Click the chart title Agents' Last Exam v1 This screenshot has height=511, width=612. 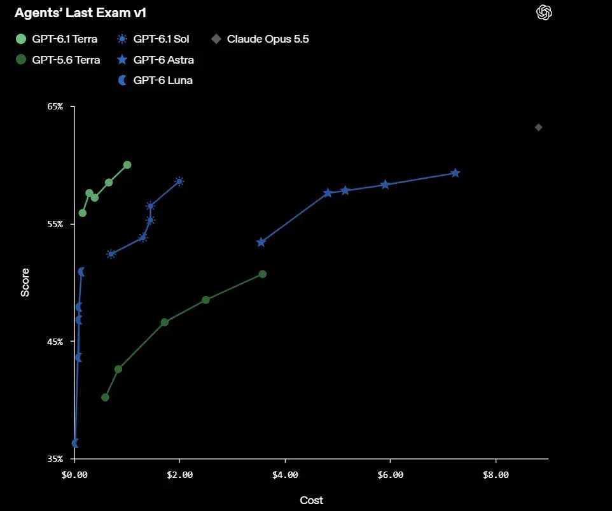tap(80, 13)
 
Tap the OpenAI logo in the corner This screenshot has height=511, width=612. tap(544, 13)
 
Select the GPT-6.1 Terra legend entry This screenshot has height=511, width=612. tap(57, 39)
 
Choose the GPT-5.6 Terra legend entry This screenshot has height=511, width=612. tap(58, 60)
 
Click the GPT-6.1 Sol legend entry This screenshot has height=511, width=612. tap(153, 39)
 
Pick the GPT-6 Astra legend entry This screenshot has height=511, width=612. tap(155, 60)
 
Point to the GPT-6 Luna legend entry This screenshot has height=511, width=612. tap(155, 80)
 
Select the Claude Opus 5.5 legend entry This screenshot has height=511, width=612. tap(260, 39)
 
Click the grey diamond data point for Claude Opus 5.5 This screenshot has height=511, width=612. tap(538, 127)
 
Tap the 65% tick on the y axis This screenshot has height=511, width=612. tap(55, 106)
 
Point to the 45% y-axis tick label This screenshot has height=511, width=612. tap(55, 342)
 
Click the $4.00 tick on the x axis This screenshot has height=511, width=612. tap(285, 475)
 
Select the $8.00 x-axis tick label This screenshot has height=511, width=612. tap(496, 475)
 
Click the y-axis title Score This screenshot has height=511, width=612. tap(25, 283)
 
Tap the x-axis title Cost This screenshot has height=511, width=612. tap(312, 500)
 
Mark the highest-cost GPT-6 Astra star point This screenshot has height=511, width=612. tap(455, 173)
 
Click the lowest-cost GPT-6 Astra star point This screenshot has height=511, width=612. tap(261, 242)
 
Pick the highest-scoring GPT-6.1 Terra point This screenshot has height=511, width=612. tap(127, 165)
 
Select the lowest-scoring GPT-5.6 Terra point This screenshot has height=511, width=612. tap(105, 397)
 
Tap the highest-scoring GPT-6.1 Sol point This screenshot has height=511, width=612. tap(179, 181)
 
